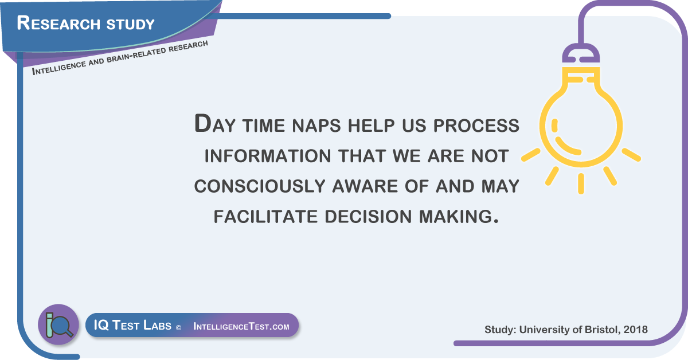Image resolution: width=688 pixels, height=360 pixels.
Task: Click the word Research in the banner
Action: tap(58, 23)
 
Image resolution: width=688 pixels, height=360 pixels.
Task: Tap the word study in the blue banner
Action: tap(131, 25)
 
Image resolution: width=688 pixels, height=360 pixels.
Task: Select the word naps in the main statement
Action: tap(316, 126)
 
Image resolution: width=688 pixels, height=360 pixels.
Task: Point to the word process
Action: tap(476, 126)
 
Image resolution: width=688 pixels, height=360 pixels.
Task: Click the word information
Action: tap(268, 156)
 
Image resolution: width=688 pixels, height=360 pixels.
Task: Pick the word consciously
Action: tap(260, 186)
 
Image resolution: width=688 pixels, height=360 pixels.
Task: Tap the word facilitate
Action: tap(265, 216)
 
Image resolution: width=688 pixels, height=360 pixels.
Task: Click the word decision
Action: tap(368, 216)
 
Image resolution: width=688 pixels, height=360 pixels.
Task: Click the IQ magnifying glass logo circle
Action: tap(58, 324)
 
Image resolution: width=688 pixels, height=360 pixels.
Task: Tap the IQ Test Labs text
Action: tap(132, 325)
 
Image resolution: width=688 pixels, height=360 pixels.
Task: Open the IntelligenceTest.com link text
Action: tap(241, 326)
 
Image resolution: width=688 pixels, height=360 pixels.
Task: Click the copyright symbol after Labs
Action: tap(178, 328)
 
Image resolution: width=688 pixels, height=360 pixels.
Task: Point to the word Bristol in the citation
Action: tap(600, 330)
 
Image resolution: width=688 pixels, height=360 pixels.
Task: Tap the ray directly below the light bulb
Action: tap(581, 183)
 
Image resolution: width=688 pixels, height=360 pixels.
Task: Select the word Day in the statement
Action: tap(214, 123)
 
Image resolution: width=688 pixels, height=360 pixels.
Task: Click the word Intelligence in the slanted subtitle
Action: tap(59, 67)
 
